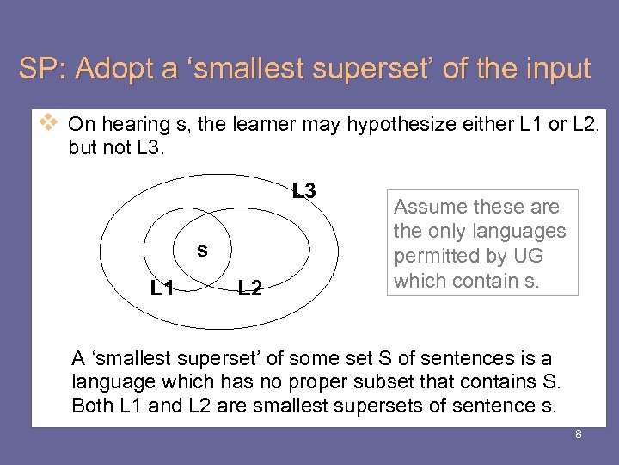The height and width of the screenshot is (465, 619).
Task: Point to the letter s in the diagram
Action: pos(202,251)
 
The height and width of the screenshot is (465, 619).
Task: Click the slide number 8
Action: pos(579,434)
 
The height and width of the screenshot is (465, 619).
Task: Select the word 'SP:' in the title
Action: pos(43,69)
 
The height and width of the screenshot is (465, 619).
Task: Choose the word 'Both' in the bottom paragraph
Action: pos(91,406)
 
